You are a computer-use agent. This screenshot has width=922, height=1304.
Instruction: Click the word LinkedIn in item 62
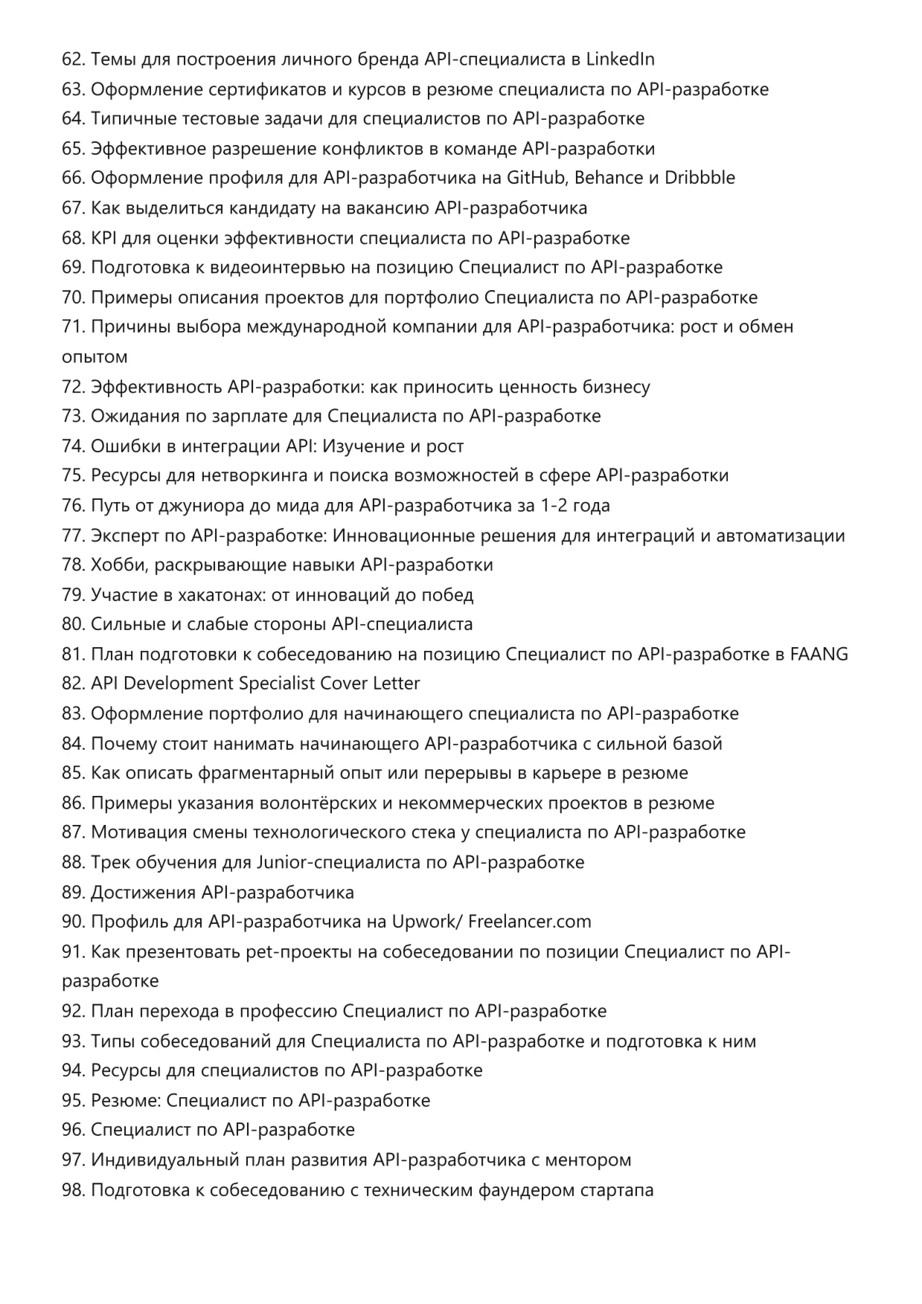[x=621, y=59]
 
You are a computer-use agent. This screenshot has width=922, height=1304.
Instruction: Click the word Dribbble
[x=699, y=178]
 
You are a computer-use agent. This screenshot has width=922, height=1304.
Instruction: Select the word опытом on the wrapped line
[x=95, y=357]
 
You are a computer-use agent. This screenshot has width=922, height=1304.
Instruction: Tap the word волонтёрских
[x=318, y=803]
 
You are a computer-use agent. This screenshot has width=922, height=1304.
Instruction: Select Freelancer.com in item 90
[x=530, y=922]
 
